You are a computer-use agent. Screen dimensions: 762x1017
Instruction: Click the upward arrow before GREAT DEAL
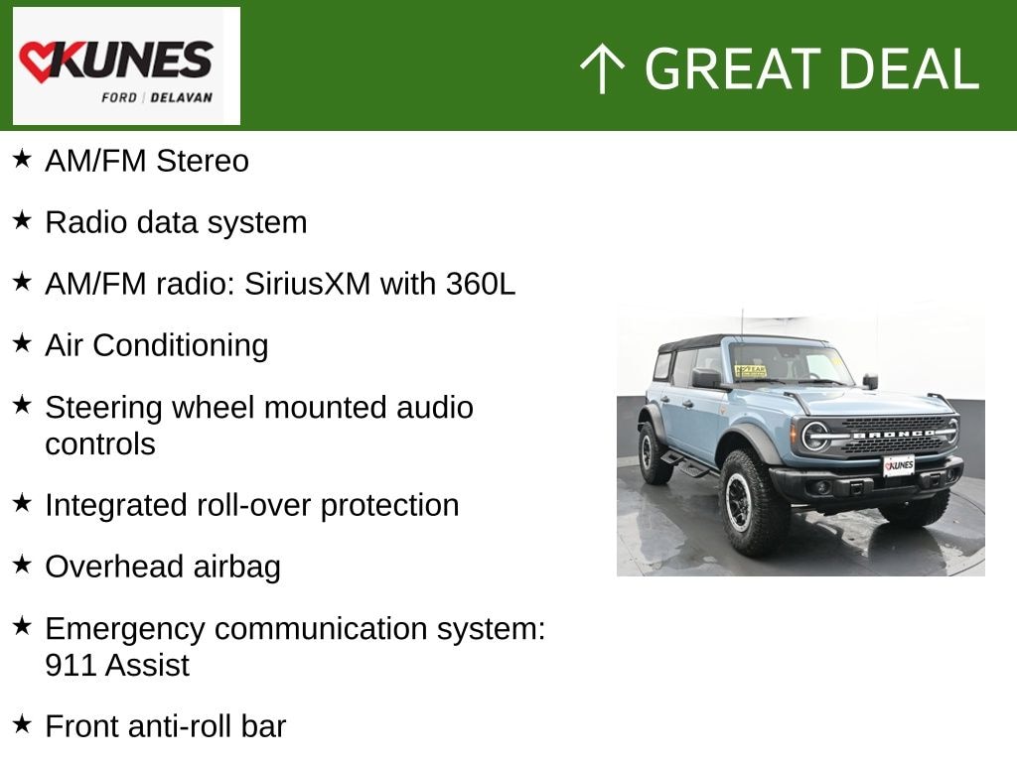pos(601,69)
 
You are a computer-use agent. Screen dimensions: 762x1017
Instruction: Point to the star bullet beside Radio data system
pos(22,220)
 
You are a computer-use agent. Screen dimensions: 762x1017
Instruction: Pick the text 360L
pos(481,284)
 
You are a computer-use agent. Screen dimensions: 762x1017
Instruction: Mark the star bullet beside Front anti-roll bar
pos(22,724)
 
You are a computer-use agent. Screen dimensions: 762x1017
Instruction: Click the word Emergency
pos(124,628)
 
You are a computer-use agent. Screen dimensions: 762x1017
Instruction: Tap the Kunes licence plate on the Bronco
pos(899,464)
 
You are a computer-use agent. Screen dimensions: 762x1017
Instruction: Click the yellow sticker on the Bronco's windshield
pos(750,371)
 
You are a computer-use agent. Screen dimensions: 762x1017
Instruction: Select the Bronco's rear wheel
pos(654,452)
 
